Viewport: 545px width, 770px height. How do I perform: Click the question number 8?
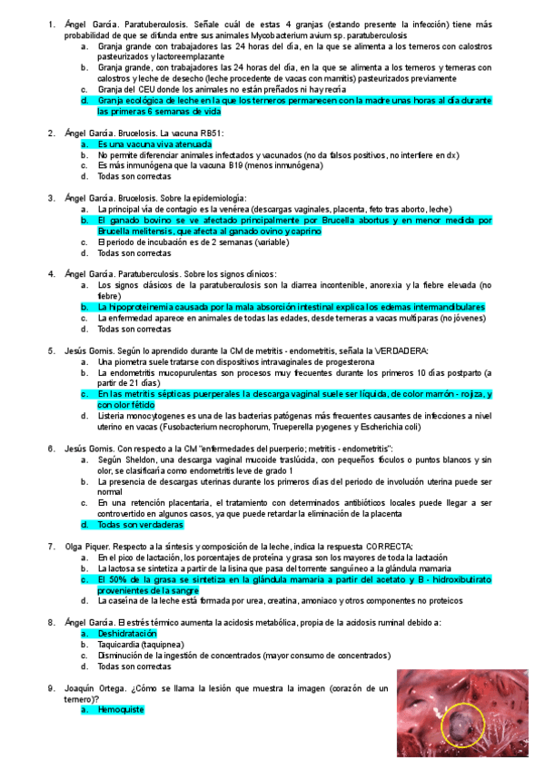point(50,622)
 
